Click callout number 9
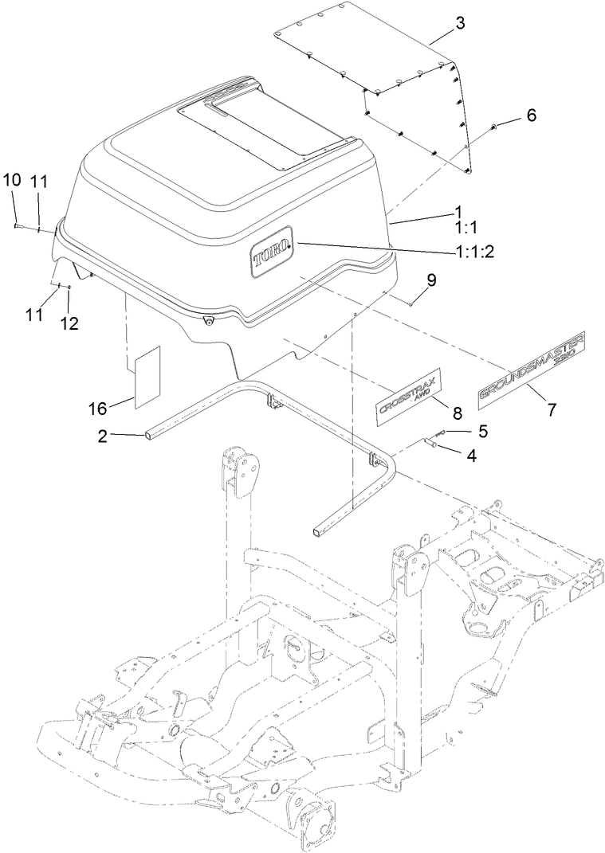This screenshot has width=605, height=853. (x=431, y=280)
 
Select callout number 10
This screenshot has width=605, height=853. (x=12, y=182)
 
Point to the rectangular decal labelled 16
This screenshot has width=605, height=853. (x=147, y=378)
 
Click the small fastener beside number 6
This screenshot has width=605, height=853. (x=495, y=127)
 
